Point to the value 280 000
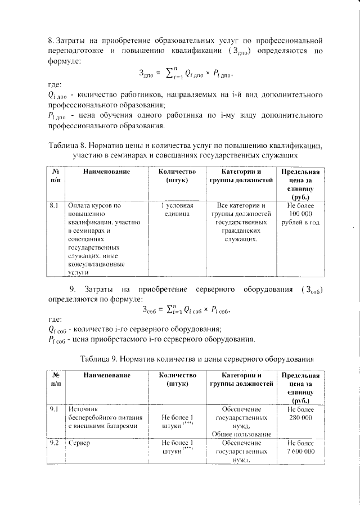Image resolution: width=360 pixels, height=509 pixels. pos(300,418)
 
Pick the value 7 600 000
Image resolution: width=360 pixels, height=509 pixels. pos(300,452)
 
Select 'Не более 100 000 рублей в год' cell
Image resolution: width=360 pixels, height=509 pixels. pos(300,214)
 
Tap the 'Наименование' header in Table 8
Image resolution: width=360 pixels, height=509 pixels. pos(105,172)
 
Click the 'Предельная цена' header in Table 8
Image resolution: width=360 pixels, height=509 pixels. pos(300,177)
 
